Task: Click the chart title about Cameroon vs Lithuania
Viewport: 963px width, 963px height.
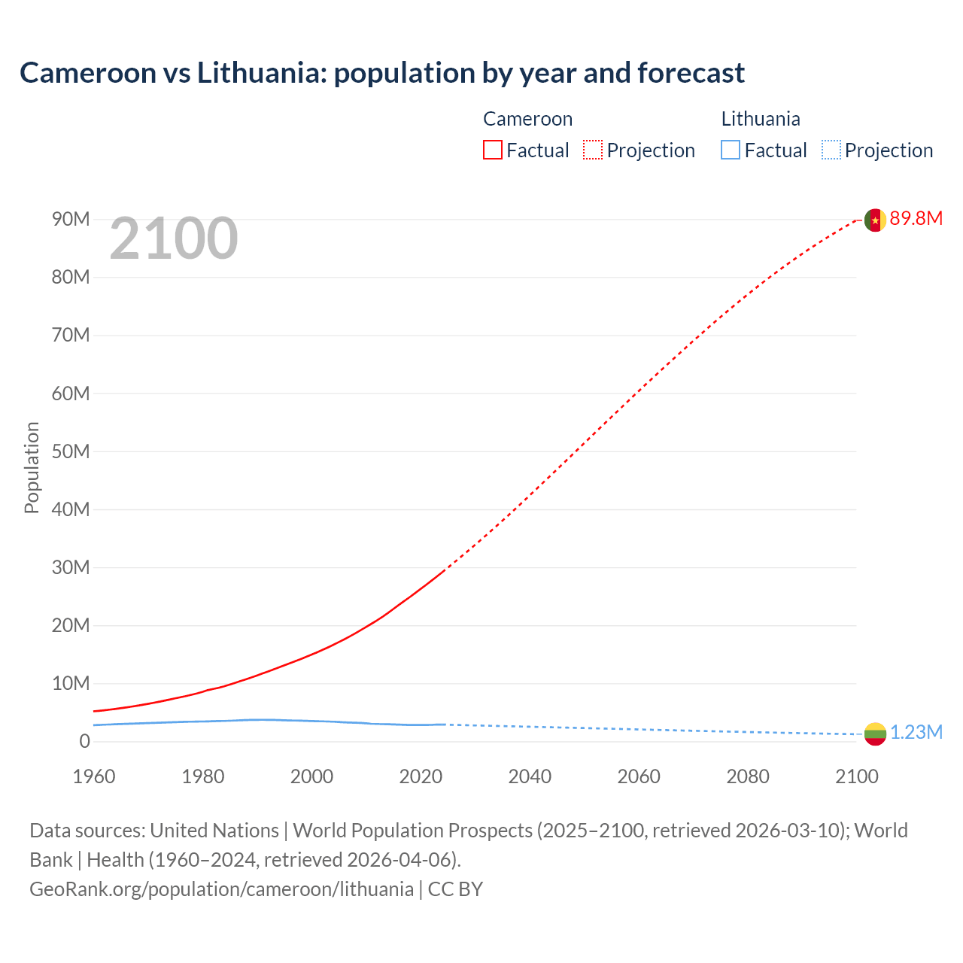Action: pos(382,73)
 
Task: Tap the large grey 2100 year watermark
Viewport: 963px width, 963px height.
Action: pos(174,238)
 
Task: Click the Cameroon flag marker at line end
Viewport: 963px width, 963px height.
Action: pos(874,220)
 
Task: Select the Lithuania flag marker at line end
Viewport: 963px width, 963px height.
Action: pos(874,734)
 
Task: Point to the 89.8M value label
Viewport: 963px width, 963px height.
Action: pos(916,219)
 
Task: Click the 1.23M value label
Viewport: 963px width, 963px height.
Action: pos(916,733)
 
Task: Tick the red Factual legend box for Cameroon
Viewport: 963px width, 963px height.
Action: pos(493,150)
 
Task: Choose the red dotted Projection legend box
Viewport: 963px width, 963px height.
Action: pos(593,150)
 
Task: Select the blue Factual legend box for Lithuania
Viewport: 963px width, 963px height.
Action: pos(731,150)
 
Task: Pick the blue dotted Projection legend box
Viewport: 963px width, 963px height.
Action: pos(831,150)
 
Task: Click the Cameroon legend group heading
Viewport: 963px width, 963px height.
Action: pos(527,119)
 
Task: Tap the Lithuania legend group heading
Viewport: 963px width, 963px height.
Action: pos(761,119)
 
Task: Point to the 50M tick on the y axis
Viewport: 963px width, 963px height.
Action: pos(71,451)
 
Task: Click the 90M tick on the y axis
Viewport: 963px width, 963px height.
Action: pos(71,219)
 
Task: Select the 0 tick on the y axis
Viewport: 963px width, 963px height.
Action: pos(84,741)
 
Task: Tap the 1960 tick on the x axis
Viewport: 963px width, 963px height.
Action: pos(94,776)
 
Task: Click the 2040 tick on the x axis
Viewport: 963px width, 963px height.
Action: pos(530,776)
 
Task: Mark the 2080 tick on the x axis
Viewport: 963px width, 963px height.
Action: pos(748,776)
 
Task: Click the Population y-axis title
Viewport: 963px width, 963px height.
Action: pos(32,467)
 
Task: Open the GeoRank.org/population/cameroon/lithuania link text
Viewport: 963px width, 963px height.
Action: pos(221,889)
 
